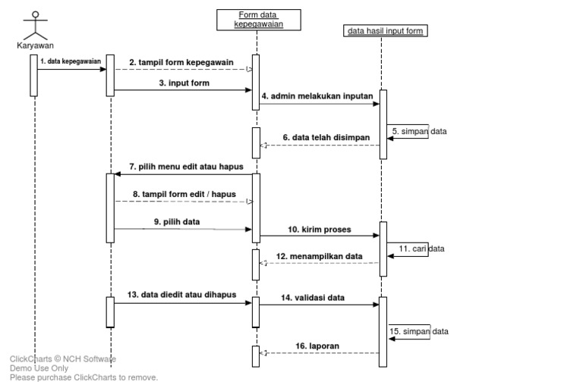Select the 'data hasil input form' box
(x=386, y=31)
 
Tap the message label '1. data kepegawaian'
(x=71, y=61)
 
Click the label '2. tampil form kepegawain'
(x=181, y=62)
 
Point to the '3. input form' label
(x=184, y=83)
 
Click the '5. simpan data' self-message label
(x=419, y=131)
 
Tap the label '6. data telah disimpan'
(x=326, y=138)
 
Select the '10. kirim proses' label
(x=319, y=228)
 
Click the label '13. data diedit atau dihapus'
(x=183, y=294)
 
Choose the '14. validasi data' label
(x=314, y=298)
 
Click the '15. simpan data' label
(x=419, y=331)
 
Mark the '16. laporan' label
(x=317, y=346)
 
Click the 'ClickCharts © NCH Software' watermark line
(x=63, y=359)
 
